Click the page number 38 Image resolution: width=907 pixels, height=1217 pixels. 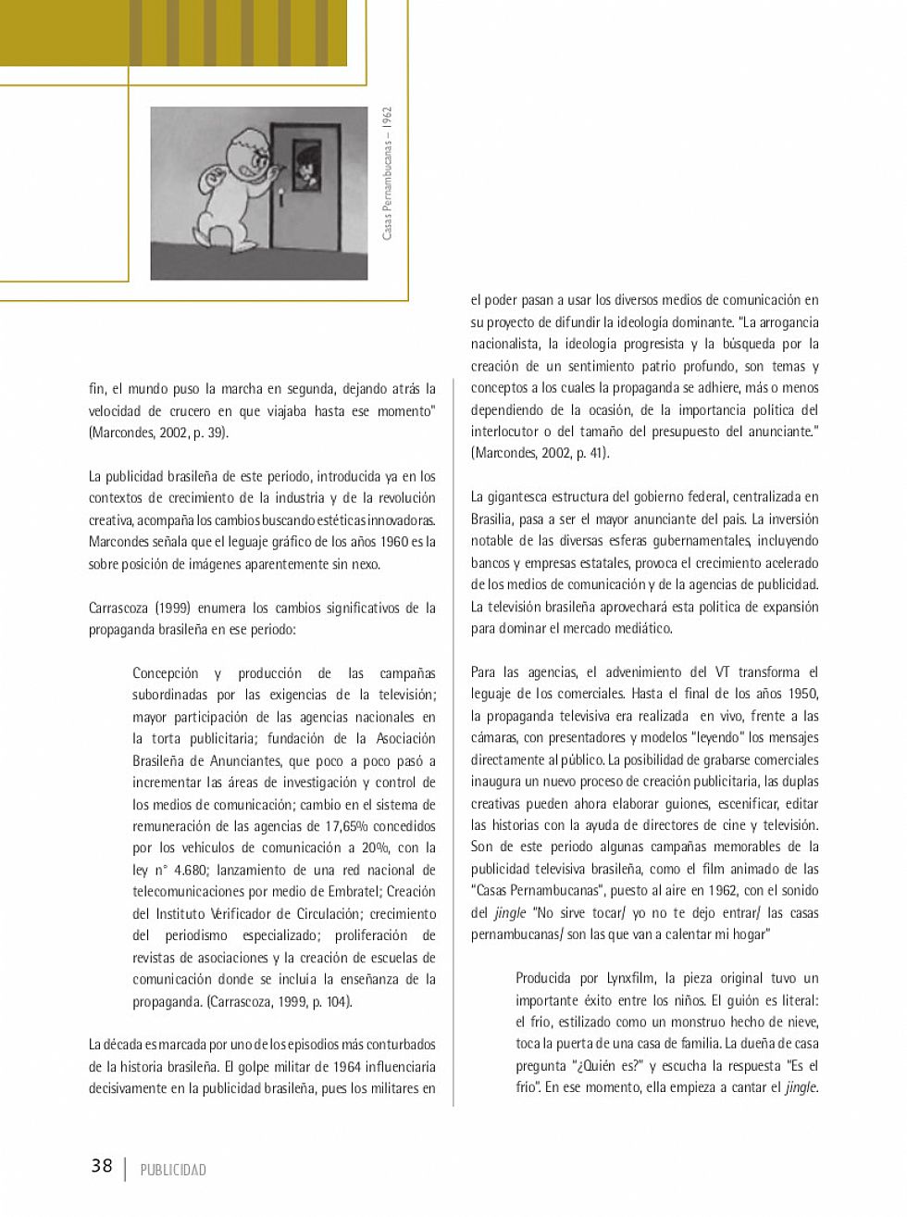[x=102, y=1166]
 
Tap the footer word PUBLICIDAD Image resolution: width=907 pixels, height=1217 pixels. [x=173, y=1170]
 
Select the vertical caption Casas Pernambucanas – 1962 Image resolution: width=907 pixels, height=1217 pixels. [x=387, y=173]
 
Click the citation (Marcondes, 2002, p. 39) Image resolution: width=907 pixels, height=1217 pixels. [x=158, y=433]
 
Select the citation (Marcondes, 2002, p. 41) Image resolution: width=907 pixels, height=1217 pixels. [x=540, y=453]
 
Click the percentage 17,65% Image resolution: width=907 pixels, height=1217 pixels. [x=349, y=826]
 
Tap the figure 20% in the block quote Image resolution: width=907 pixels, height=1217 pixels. [x=375, y=847]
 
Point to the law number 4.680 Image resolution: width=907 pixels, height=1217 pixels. [x=191, y=870]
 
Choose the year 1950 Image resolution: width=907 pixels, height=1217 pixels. [x=801, y=694]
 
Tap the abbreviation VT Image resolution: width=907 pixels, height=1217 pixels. [x=722, y=671]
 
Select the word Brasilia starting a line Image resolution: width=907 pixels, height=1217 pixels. [x=491, y=519]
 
